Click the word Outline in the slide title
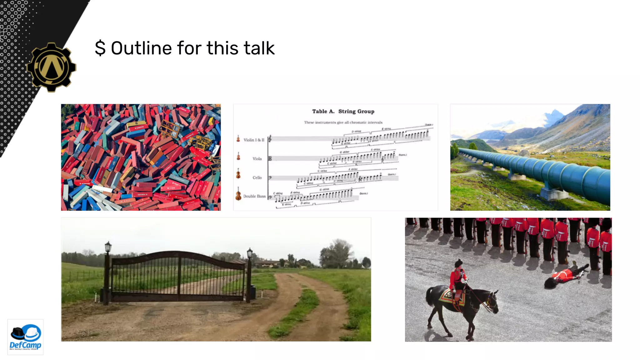tap(141, 48)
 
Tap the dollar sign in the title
tap(100, 48)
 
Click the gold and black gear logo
tap(52, 67)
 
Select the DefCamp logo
tap(25, 337)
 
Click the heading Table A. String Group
tap(343, 112)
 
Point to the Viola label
tap(257, 159)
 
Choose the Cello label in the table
tap(257, 177)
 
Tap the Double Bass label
tap(254, 196)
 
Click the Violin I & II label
tap(254, 140)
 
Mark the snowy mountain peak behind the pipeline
tap(555, 113)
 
